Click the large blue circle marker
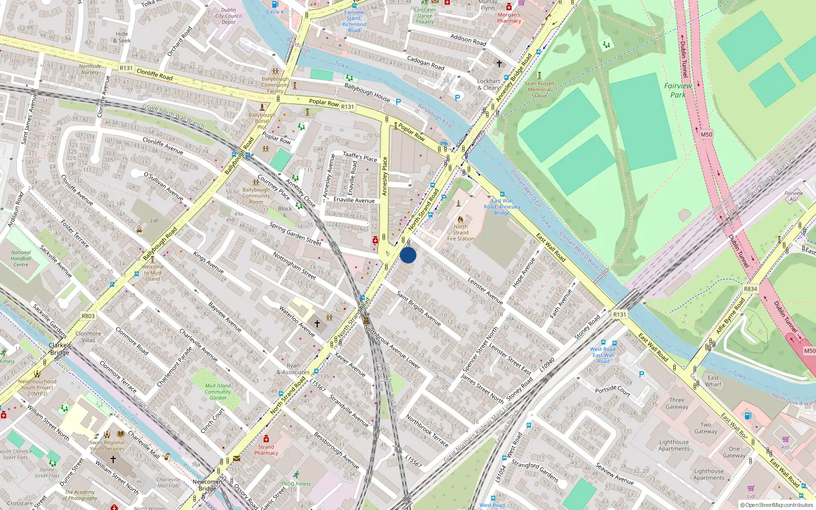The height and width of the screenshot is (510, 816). tap(408, 255)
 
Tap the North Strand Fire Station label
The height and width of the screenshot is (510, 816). tap(461, 233)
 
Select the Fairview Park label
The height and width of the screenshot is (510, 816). tap(678, 90)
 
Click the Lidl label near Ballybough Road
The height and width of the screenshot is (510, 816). tap(155, 221)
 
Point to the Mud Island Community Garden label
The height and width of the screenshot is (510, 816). tap(218, 392)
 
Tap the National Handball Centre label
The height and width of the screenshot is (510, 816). tap(21, 259)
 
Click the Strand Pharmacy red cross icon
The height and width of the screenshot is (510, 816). tap(266, 439)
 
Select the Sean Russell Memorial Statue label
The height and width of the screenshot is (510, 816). tap(539, 89)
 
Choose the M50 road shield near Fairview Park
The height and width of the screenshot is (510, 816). tap(706, 135)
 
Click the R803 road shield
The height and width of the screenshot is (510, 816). tap(88, 316)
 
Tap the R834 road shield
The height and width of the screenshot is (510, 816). tap(750, 289)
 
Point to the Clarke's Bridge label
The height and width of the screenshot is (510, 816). tap(60, 349)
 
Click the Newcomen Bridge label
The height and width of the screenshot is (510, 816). tap(207, 485)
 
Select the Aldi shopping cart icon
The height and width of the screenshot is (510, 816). tap(785, 439)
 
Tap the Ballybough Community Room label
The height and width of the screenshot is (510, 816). tap(256, 196)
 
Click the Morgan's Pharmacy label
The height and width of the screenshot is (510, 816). tap(509, 18)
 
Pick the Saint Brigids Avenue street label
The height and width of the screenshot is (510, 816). tap(418, 309)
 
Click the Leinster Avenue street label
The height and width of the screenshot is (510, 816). tap(485, 291)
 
